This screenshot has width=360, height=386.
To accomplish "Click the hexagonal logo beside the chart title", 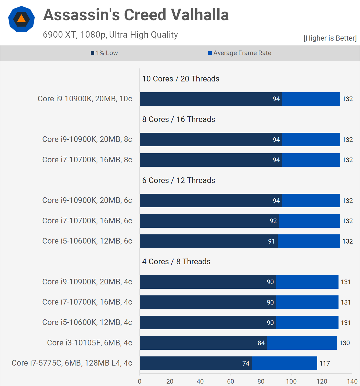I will pos(21,19).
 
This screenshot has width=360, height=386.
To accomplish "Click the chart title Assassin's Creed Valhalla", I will pos(136,15).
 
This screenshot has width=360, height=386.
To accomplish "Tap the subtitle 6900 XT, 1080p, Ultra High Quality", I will pos(110,35).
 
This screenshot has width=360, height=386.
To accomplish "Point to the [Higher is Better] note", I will pos(330,38).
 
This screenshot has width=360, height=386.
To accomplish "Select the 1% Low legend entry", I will pos(105,53).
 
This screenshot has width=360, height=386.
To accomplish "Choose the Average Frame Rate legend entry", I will pos(240,53).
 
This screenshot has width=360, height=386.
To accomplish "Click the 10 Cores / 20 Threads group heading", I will pos(181,79).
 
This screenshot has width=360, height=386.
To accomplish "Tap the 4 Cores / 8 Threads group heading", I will pos(176,262).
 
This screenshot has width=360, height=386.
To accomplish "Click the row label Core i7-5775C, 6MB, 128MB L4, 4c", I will pos(72,363).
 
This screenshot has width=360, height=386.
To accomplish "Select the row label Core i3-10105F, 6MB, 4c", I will pos(89,343).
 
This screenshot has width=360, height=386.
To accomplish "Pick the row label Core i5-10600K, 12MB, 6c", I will pos(87,241).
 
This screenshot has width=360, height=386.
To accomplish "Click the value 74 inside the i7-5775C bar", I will pos(246,363).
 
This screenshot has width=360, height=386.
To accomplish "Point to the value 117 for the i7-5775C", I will pos(325,363).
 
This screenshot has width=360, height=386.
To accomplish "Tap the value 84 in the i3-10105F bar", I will pos(261,343).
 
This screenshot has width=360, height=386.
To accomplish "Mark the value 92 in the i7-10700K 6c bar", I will pos(273,221).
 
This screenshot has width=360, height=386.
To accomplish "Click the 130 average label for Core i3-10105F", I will pos(344,343).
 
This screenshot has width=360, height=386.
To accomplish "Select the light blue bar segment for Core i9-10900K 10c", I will pos(311,99).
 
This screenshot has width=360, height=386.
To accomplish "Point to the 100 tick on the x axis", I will pos(291,381).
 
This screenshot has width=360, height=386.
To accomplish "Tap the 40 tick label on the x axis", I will pos(200,381).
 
